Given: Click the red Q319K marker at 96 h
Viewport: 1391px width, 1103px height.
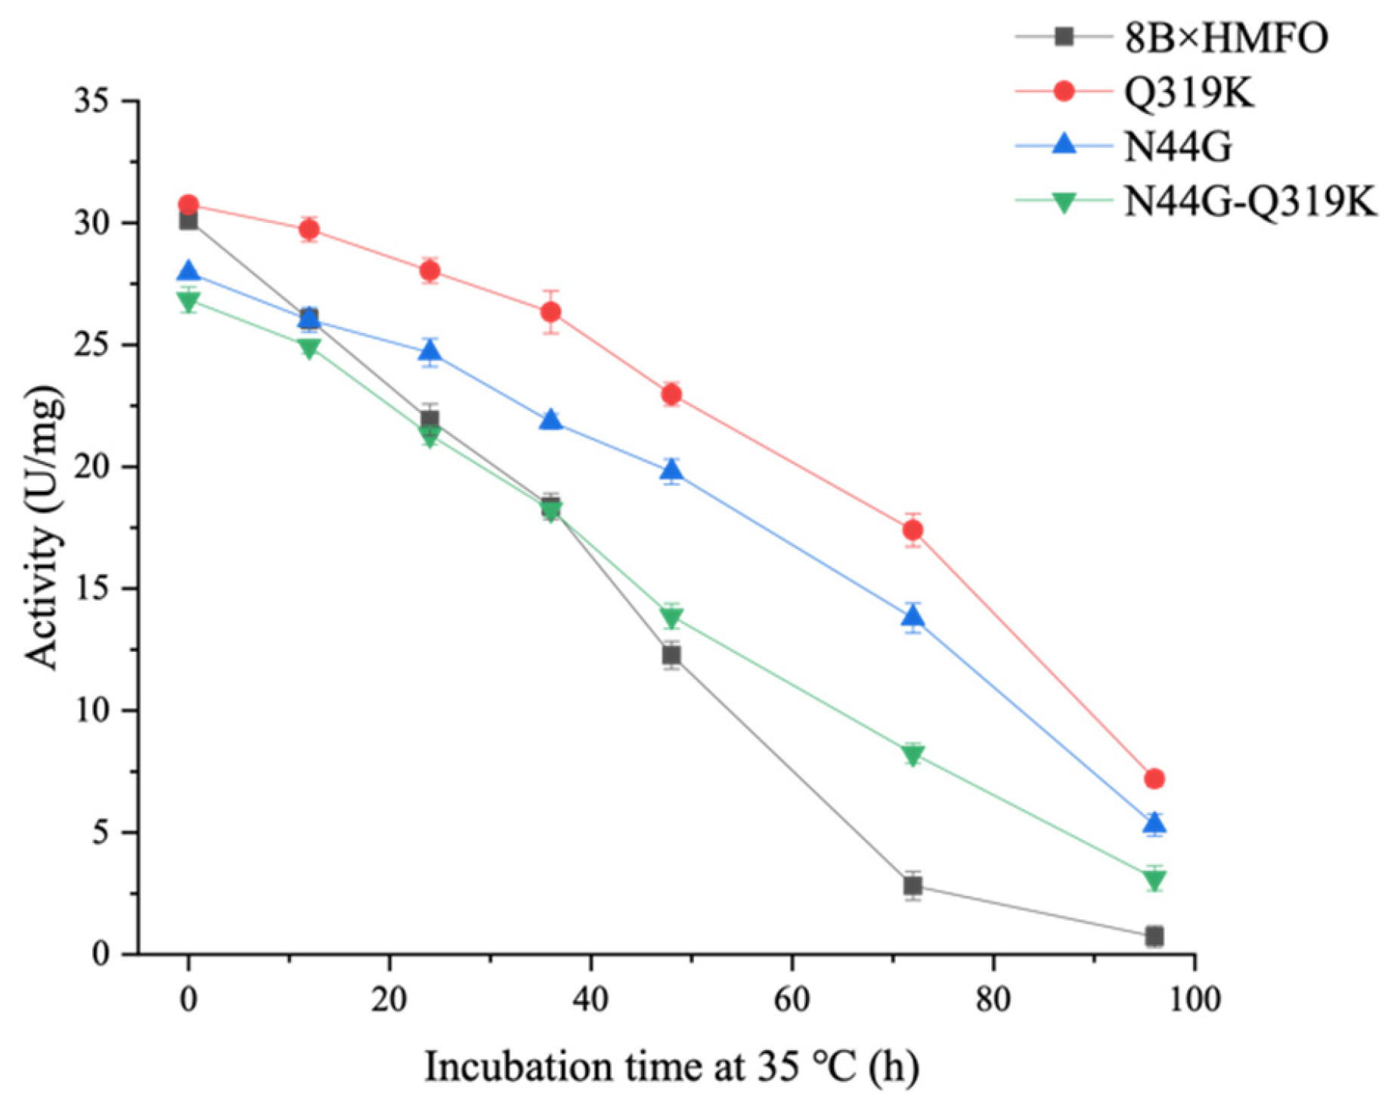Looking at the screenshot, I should coord(1154,778).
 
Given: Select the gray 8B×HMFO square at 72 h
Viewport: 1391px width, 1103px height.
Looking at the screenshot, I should coord(912,885).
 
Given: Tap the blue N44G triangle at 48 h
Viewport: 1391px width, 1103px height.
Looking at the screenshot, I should coord(671,471).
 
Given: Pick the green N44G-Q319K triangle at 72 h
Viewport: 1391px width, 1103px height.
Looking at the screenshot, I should coord(912,755).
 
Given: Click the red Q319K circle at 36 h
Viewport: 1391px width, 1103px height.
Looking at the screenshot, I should coord(551,311).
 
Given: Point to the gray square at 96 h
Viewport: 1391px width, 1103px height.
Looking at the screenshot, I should coord(1154,936).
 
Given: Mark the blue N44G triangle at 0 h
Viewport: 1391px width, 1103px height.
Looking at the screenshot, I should coord(188,271).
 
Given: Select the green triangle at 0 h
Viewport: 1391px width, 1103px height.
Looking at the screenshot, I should coord(188,301).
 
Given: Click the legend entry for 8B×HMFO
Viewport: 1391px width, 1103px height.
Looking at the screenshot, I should coord(1225,38).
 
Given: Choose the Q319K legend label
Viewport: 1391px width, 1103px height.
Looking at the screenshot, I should coord(1188,93).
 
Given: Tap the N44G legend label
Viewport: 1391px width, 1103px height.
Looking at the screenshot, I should coord(1178,147).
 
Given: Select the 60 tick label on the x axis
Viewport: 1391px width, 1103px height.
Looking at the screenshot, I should coord(792,1000).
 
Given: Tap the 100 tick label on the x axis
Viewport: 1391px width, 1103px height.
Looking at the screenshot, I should coord(1194,1000).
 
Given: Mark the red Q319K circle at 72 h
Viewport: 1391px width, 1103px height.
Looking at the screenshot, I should coord(912,530).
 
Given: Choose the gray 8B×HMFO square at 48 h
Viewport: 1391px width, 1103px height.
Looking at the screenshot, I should coord(671,655).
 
